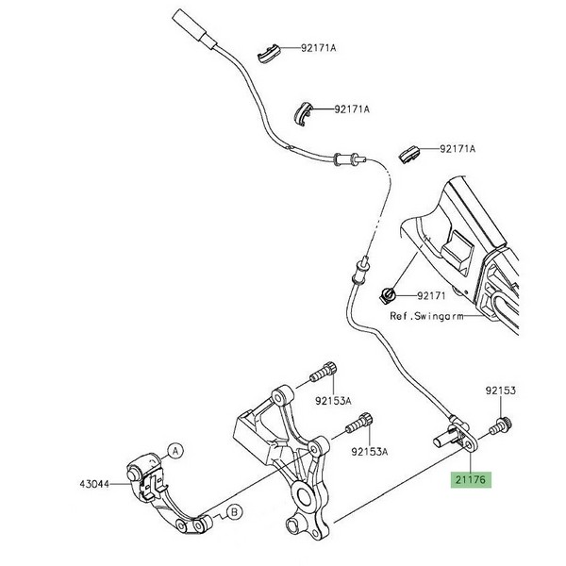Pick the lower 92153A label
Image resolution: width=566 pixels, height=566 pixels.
tap(370, 452)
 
